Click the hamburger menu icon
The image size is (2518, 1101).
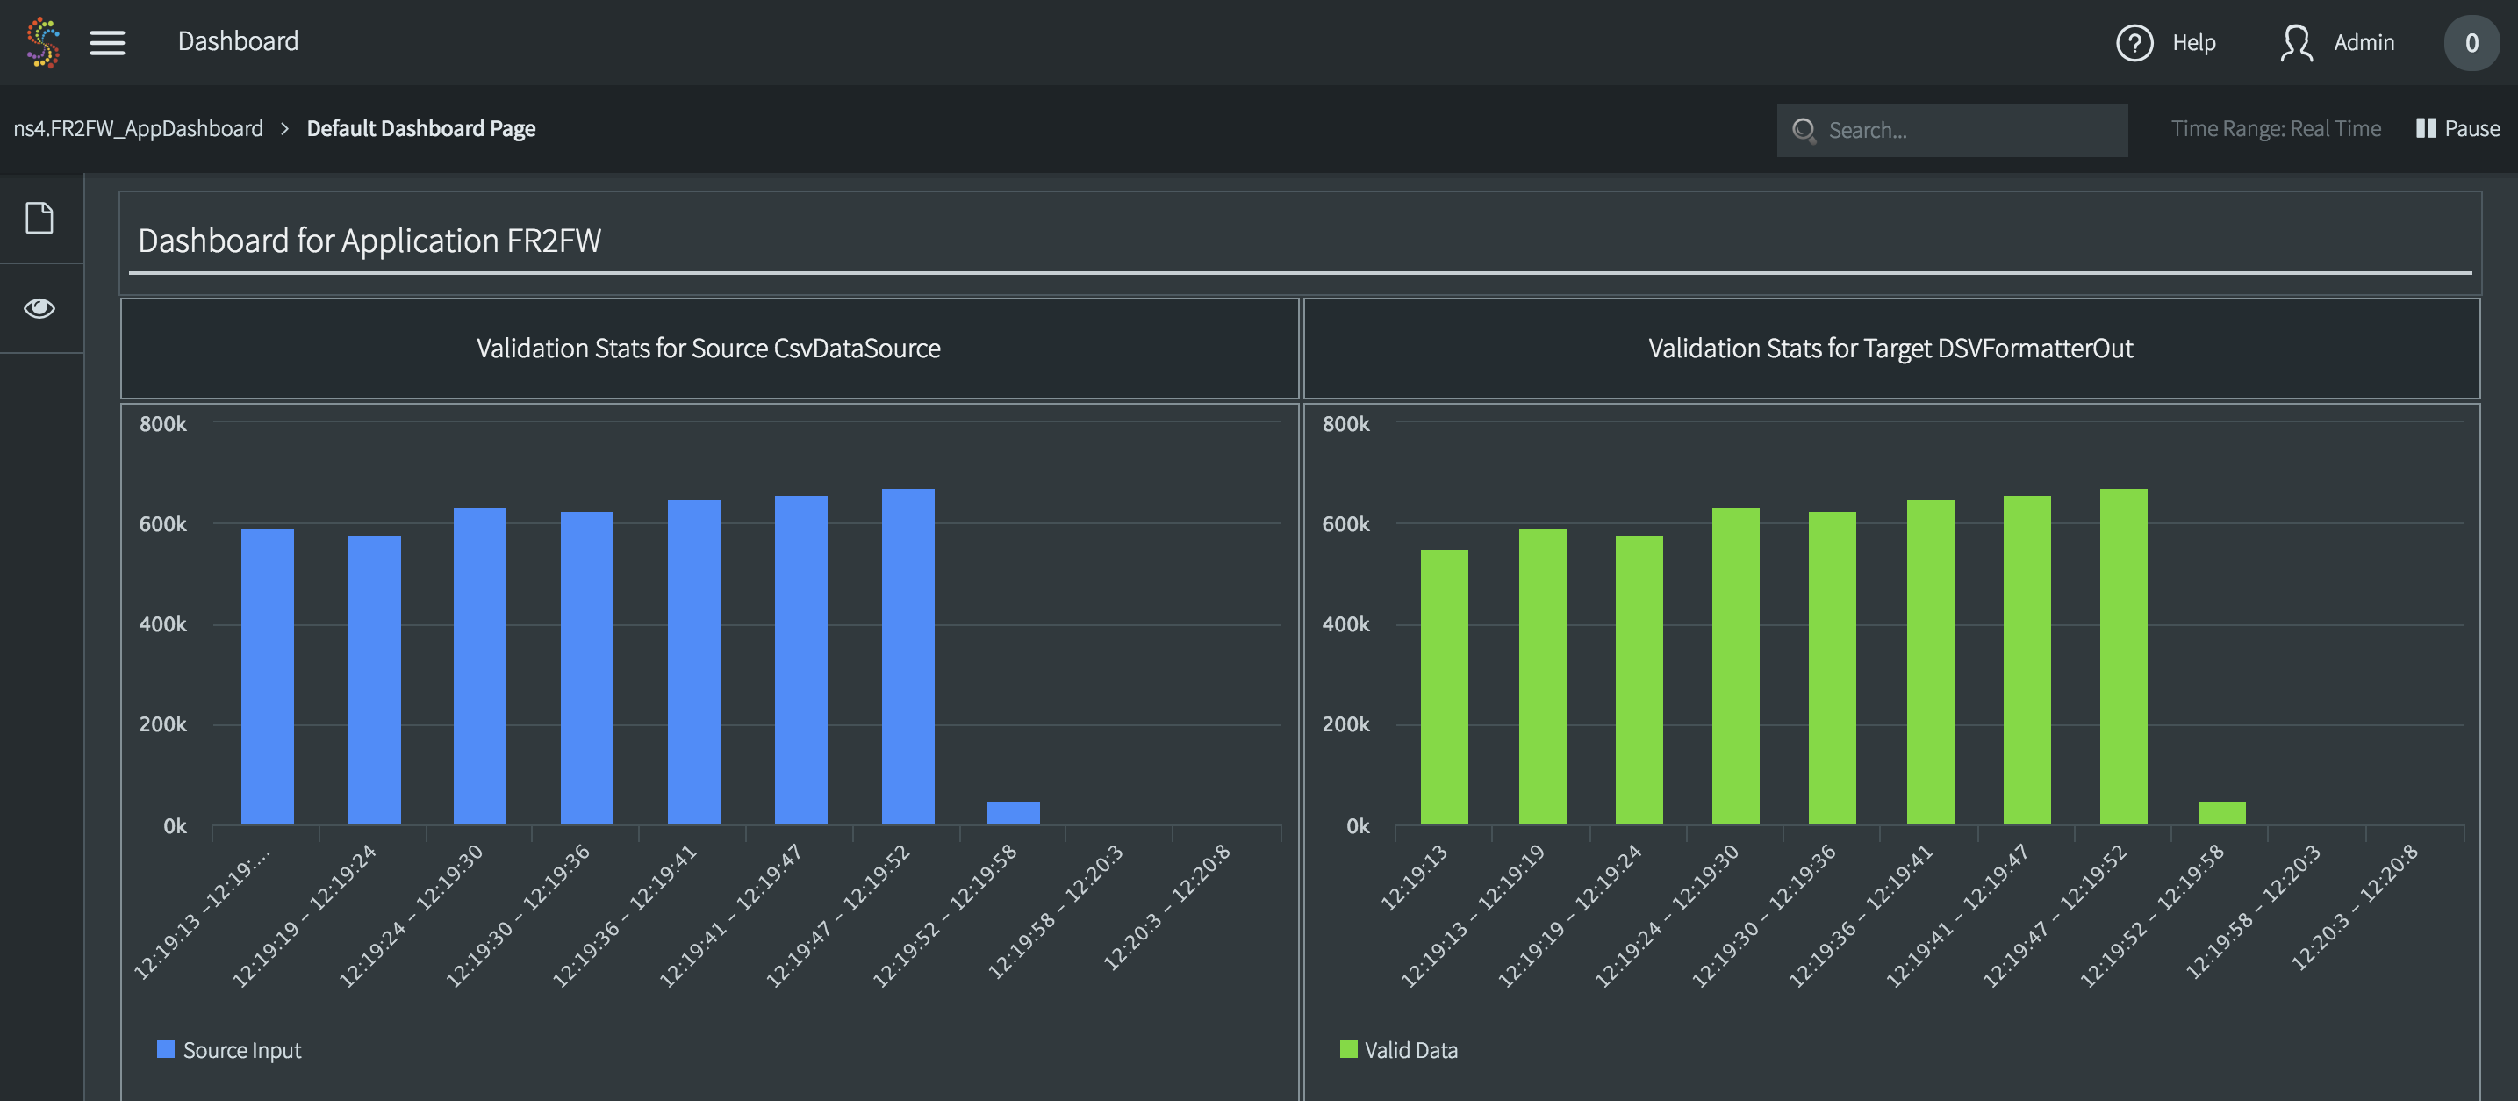[108, 42]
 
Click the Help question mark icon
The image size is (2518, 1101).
[2134, 43]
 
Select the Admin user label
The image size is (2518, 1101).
[2363, 43]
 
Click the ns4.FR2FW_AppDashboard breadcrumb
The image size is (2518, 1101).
[138, 128]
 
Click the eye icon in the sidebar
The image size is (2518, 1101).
[39, 308]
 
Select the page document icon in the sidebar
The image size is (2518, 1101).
[39, 218]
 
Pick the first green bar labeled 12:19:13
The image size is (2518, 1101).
[1443, 687]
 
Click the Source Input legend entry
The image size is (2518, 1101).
[230, 1049]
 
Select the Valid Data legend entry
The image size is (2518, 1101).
[1399, 1049]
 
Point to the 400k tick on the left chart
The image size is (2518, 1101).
[162, 624]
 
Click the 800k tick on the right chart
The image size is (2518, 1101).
[1345, 423]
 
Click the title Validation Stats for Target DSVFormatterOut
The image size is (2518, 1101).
[1890, 348]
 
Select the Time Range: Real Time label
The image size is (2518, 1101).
[2275, 128]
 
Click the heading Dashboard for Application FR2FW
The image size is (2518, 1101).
[369, 241]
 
